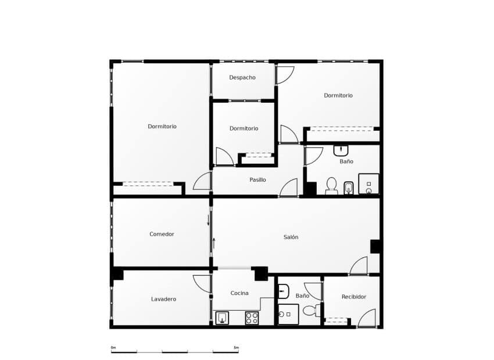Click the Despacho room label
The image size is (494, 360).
[x=242, y=78]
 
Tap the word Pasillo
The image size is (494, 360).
[x=257, y=180]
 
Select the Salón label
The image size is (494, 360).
[x=291, y=237]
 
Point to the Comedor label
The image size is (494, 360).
[x=162, y=234]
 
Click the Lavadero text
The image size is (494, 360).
[x=163, y=299]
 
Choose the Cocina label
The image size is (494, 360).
[x=239, y=293]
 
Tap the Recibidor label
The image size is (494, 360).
[x=354, y=297]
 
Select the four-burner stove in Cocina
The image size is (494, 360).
[x=252, y=318]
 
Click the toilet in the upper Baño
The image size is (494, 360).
[x=331, y=185]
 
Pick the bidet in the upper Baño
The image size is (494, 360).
[x=349, y=187]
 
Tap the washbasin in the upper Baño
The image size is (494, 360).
[x=341, y=150]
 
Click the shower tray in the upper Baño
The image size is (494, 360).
[x=368, y=183]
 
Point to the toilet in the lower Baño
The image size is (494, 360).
[x=310, y=310]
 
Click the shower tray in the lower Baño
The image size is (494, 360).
[x=288, y=314]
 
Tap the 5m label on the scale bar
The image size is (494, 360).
[x=235, y=347]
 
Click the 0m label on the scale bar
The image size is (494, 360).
[x=114, y=347]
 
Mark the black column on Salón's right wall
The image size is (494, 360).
[x=376, y=246]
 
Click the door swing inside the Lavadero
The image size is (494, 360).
[x=203, y=283]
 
